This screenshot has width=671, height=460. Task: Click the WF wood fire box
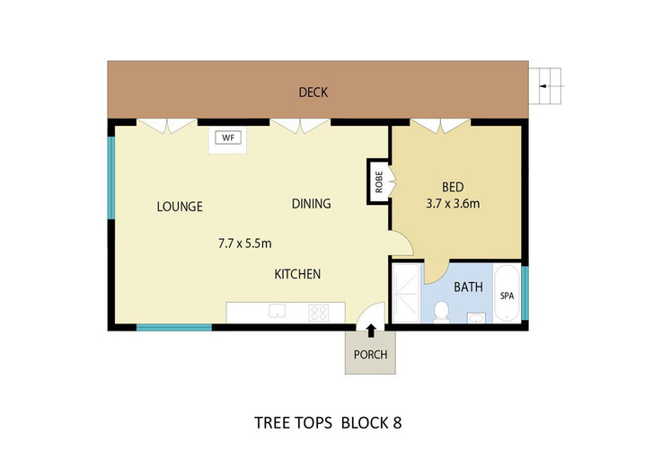coord(228,137)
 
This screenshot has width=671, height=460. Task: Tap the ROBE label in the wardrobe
coord(379,181)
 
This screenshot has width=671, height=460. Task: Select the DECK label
coord(313,93)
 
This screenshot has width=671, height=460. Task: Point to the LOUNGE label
coord(180,207)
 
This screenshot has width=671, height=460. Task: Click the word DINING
coord(311,203)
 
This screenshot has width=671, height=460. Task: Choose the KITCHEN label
coord(297,274)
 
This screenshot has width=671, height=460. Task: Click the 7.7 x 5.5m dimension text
coord(245,243)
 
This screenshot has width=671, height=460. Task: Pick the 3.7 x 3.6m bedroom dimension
coord(453,203)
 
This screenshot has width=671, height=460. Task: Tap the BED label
coord(453,187)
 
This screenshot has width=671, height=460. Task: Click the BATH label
coord(468,287)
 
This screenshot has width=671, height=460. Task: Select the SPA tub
coord(508,294)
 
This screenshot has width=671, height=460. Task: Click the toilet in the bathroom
coord(441,311)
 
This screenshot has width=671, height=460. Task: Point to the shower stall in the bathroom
coord(406,294)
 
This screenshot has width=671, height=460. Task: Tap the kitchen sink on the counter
coord(278,311)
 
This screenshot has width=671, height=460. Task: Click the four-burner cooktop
coord(319,313)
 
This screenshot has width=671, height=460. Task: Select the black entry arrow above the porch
coord(371,331)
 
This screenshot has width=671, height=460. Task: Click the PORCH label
coord(371,354)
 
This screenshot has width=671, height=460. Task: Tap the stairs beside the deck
coord(545,86)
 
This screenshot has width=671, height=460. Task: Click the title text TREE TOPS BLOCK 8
coord(328,423)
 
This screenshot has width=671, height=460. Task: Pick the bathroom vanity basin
coord(476,318)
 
